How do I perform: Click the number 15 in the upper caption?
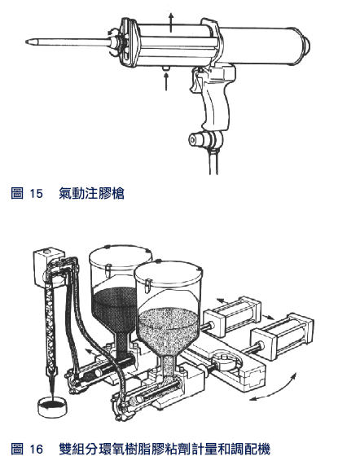36,193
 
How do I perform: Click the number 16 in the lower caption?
36,449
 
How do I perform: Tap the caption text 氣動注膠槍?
91,193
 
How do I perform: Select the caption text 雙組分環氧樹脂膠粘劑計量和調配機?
165,449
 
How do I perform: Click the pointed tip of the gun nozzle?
27,42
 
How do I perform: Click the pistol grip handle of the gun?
217,103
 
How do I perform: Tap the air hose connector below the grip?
203,139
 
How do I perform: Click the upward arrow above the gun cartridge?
170,22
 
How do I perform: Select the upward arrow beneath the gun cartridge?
166,81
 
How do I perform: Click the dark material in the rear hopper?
114,309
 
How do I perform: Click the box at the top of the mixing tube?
47,265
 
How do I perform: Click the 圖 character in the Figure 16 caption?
17,449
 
